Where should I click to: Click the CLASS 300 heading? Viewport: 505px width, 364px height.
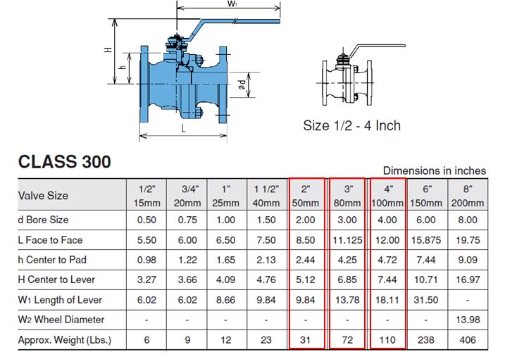coord(64,161)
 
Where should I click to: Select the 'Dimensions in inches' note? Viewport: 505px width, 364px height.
coord(434,170)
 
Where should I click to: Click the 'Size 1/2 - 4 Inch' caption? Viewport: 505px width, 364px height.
coord(351,125)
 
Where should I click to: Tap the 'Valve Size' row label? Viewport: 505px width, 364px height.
coord(43,195)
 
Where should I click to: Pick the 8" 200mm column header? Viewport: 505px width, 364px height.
coord(466,195)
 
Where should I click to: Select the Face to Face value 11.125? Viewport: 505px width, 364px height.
coord(347,239)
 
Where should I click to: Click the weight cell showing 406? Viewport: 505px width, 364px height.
coord(466,341)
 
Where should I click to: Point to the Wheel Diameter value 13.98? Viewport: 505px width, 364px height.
coord(466,320)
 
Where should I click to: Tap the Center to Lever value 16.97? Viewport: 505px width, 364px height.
coord(466,280)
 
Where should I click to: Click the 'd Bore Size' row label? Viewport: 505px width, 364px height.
coord(44,220)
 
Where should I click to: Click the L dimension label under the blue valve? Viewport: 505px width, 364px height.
coord(183,129)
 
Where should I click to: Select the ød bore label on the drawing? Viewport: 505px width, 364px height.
coord(241,84)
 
